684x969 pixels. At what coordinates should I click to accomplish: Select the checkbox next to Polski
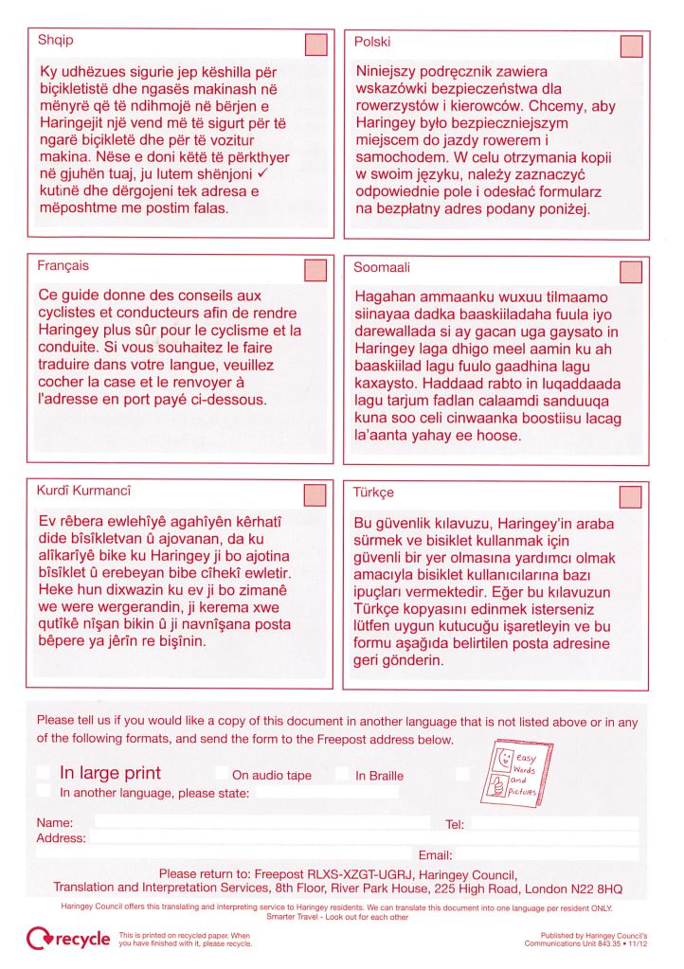[x=630, y=46]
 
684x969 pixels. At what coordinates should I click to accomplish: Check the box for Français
[x=315, y=272]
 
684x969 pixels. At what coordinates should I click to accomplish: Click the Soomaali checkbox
[x=630, y=272]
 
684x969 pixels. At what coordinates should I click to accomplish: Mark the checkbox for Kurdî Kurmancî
[x=315, y=495]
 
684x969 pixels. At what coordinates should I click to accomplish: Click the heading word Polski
[x=372, y=43]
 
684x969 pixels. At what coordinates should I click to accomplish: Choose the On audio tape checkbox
[x=222, y=775]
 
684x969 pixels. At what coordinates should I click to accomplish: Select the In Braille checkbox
[x=342, y=775]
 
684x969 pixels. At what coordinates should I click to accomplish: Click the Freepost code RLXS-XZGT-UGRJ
[x=354, y=870]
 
